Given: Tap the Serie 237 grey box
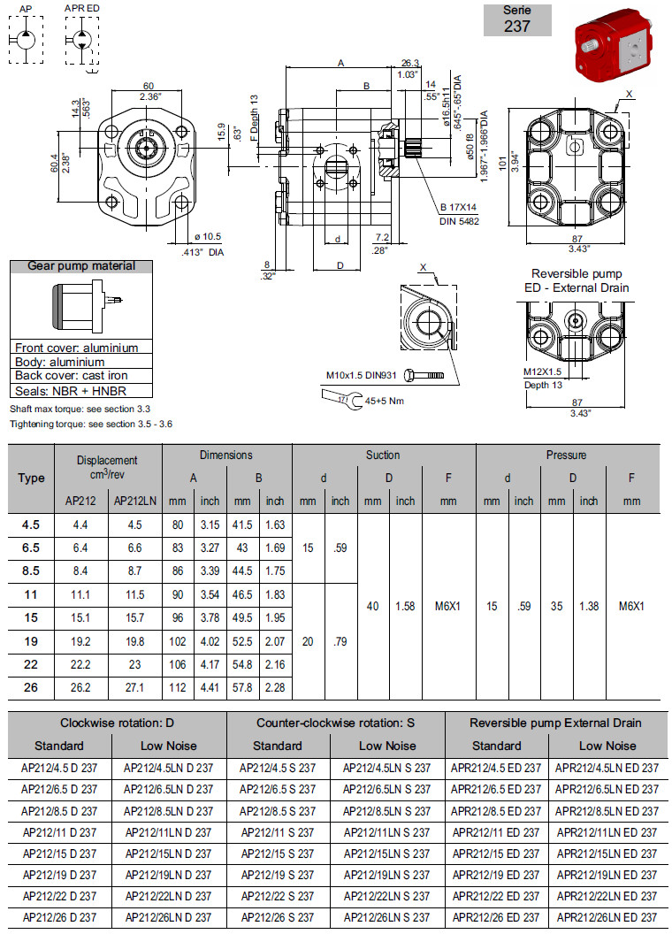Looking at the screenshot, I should (x=517, y=20).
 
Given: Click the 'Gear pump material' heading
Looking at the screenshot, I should (x=81, y=266).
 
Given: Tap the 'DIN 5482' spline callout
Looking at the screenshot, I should (x=460, y=221).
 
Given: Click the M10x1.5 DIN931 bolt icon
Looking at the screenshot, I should (x=423, y=376).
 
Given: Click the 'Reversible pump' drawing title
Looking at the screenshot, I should (x=577, y=274).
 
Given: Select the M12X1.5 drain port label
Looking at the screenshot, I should (x=544, y=372).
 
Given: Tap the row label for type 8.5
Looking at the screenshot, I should (x=31, y=570).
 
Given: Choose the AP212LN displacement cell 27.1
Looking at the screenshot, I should (x=135, y=687).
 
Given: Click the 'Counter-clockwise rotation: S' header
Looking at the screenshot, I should (x=336, y=723).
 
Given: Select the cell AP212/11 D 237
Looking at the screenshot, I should (x=60, y=832).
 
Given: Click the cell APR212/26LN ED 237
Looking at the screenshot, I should (x=607, y=917).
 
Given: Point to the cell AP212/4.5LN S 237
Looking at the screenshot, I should (x=387, y=768).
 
